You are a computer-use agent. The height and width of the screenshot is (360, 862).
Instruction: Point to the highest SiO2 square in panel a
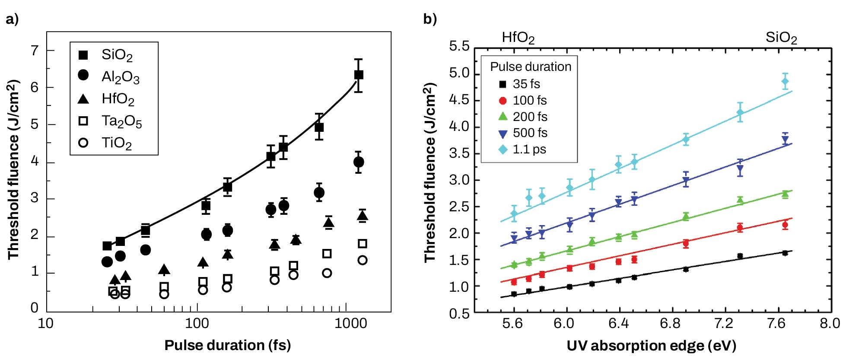tap(358, 75)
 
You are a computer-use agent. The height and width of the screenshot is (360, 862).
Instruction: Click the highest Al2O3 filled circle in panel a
tap(358, 162)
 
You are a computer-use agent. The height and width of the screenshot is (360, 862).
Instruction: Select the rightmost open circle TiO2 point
tap(363, 260)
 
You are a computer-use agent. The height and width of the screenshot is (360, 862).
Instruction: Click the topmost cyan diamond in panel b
tap(785, 81)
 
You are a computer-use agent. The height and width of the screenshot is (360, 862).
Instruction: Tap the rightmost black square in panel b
tap(785, 253)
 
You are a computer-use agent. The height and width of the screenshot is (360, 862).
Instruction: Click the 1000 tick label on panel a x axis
tap(351, 323)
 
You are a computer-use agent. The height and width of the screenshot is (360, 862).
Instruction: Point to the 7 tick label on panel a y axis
tap(35, 51)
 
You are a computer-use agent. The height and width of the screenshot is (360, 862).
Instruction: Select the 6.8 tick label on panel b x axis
tap(670, 323)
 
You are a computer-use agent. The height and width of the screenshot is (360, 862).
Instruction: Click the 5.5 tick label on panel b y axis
tap(459, 46)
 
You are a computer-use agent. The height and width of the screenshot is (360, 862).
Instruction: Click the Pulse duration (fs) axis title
tap(227, 345)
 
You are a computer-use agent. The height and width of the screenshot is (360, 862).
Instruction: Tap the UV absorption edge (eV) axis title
tap(651, 346)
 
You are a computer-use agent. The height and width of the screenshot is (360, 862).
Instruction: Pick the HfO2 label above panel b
tap(518, 38)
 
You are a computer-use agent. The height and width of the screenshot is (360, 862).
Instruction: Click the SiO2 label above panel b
tap(781, 38)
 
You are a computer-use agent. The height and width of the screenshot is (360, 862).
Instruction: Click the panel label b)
tap(430, 19)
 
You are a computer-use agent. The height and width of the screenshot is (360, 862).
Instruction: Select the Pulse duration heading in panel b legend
tap(531, 67)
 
